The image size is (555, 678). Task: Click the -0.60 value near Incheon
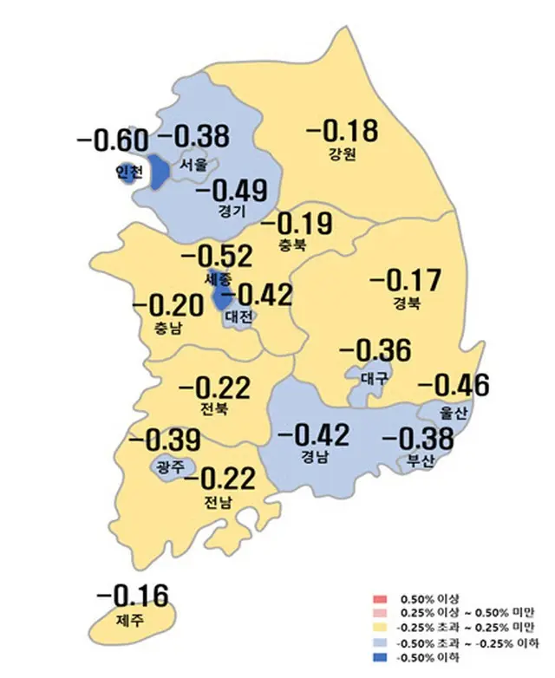click(112, 140)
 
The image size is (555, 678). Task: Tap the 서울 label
click(194, 163)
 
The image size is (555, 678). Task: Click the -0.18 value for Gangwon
click(343, 132)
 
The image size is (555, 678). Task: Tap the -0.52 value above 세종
click(215, 258)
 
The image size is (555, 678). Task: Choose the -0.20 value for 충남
click(167, 305)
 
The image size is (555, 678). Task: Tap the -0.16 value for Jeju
click(132, 597)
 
